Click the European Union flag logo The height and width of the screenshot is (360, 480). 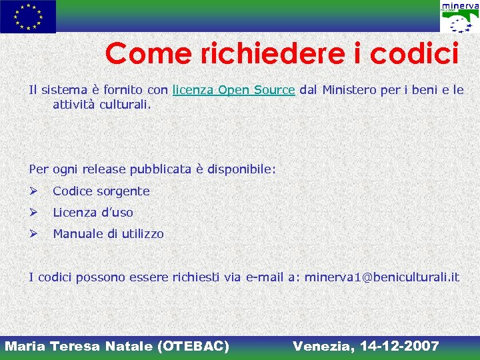[28, 17]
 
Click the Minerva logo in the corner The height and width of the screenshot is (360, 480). [459, 17]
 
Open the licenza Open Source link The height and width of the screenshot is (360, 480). [233, 89]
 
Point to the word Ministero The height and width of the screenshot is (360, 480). [349, 89]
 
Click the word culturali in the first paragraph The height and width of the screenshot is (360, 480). [126, 105]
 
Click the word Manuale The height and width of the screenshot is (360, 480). [75, 234]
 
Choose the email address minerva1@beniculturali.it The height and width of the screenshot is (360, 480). [381, 277]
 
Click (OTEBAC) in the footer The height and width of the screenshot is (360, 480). [193, 346]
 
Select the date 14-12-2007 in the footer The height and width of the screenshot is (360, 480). [399, 346]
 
